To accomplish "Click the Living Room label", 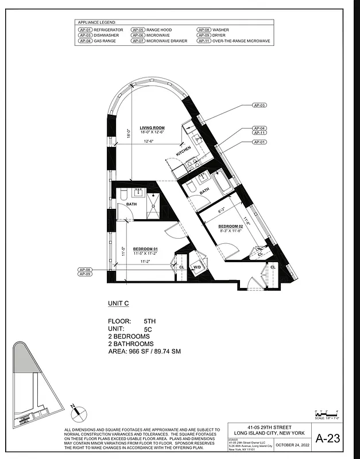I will [x=152, y=128].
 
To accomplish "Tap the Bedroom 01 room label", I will [x=146, y=248].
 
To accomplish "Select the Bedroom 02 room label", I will [x=231, y=226].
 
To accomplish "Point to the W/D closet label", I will [x=197, y=266].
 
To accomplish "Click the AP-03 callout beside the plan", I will [x=260, y=106].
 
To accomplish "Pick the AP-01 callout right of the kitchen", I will [x=260, y=141].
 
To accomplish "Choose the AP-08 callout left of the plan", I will [x=85, y=269].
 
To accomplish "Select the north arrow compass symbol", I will [x=77, y=411].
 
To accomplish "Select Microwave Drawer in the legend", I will [x=167, y=41].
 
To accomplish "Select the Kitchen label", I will [x=184, y=151].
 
